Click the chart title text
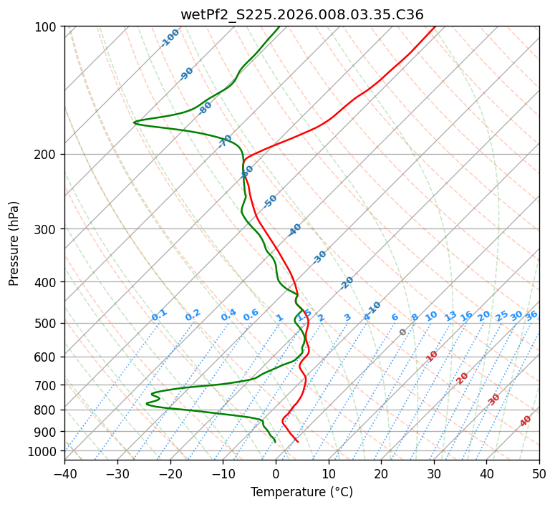[x=301, y=14]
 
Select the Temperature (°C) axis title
[x=301, y=492]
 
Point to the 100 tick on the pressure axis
[x=48, y=27]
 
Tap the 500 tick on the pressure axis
[x=48, y=323]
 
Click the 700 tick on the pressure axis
[x=48, y=385]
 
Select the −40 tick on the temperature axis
[x=64, y=473]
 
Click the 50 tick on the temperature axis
[x=539, y=473]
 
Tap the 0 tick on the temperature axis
[x=276, y=473]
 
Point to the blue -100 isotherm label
[x=170, y=38]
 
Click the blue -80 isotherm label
[x=206, y=108]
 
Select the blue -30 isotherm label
[x=319, y=256]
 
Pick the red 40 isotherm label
[x=526, y=421]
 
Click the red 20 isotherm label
[x=463, y=377]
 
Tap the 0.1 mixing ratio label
[x=159, y=314]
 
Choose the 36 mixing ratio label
[x=531, y=315]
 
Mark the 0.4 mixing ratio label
[x=228, y=315]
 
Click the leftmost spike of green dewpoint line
[x=134, y=122]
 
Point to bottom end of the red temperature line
[x=298, y=441]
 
